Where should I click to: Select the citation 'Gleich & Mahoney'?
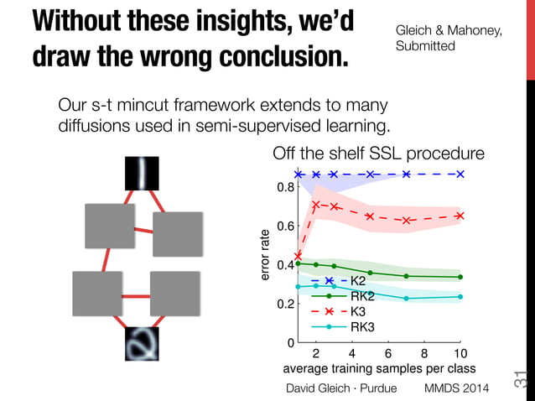pyautogui.click(x=449, y=31)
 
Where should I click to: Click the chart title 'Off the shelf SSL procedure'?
pyautogui.click(x=378, y=154)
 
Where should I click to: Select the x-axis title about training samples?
pyautogui.click(x=379, y=368)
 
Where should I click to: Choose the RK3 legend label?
pyautogui.click(x=362, y=327)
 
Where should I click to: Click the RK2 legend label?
pyautogui.click(x=362, y=295)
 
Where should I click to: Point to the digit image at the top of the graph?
pyautogui.click(x=142, y=174)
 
